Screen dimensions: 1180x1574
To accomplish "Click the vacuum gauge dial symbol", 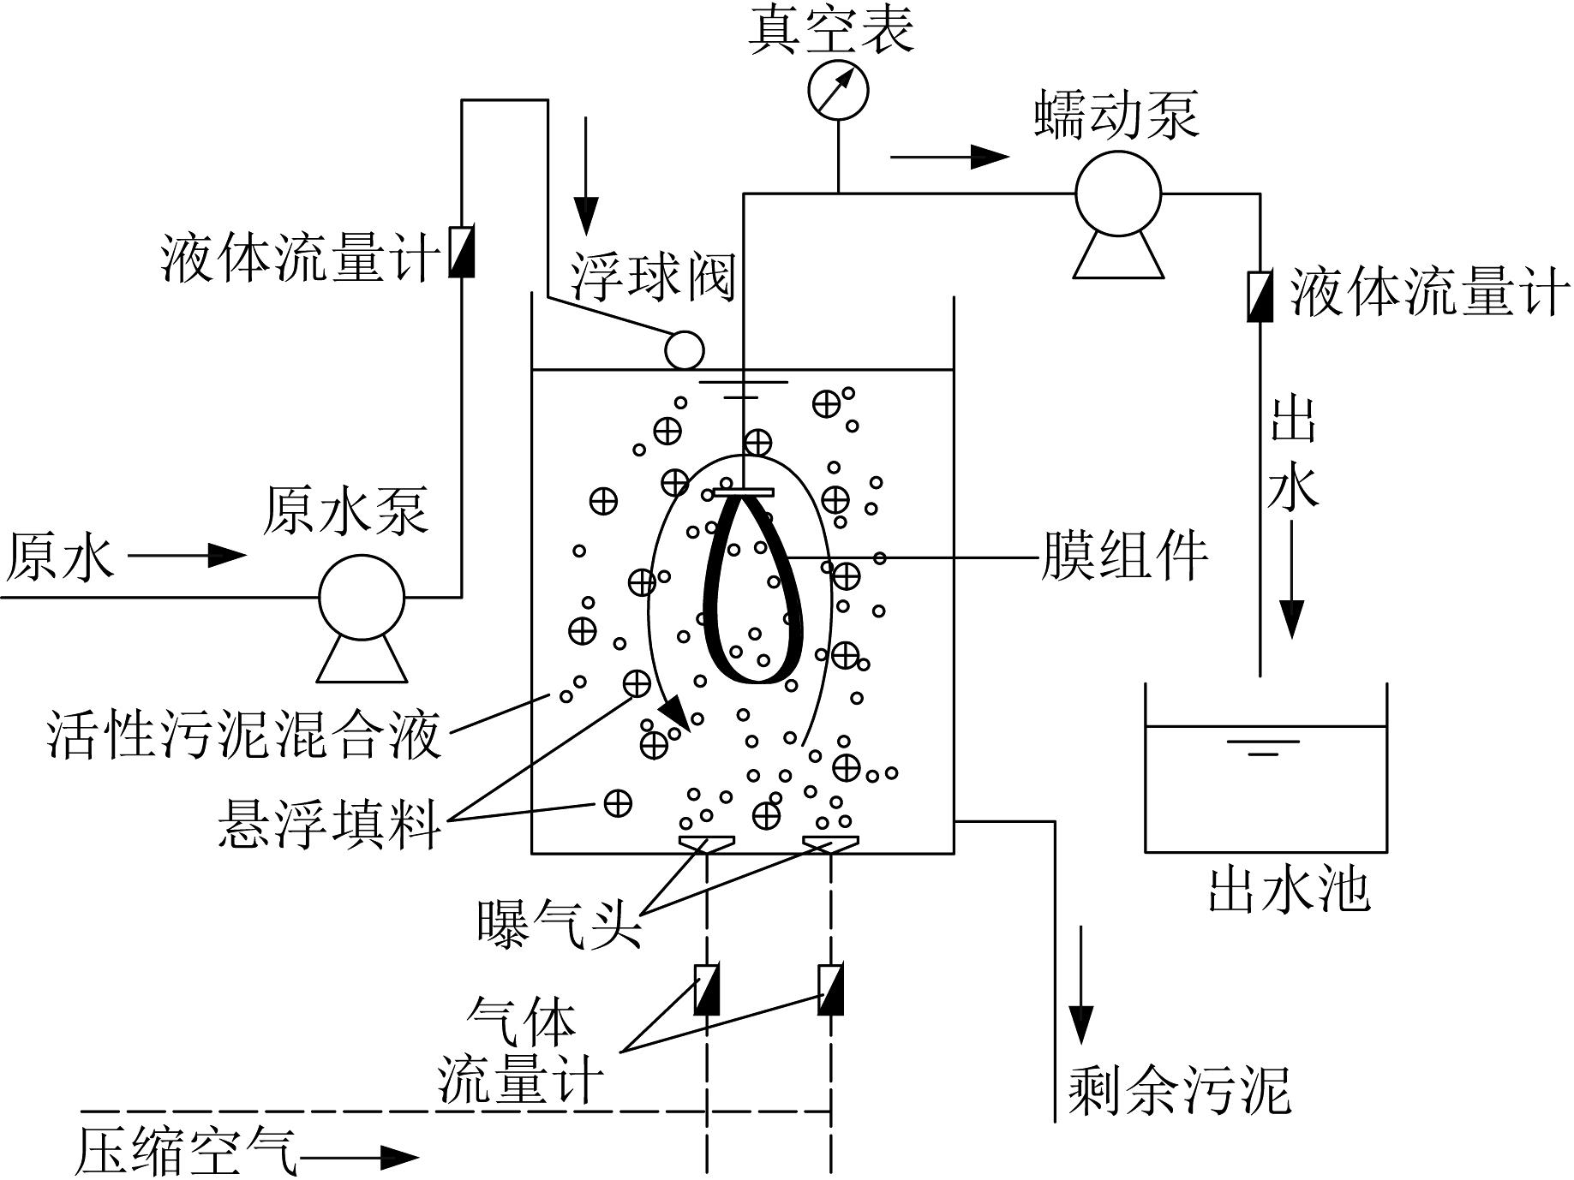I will click(838, 90).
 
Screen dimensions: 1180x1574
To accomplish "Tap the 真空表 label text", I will click(831, 31).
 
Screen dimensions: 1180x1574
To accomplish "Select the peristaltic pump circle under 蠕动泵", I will click(1117, 194).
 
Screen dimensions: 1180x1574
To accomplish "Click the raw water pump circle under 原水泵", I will click(361, 598).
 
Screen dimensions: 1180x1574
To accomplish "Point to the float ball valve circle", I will click(685, 349).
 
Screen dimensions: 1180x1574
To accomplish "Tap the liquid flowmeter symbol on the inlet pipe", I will click(462, 251).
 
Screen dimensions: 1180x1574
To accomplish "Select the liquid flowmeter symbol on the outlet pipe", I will click(1259, 296).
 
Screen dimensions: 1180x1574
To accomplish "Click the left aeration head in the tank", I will click(706, 844).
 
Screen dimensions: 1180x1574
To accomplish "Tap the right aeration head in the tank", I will click(830, 844).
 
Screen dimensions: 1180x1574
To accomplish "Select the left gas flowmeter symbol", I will click(706, 990).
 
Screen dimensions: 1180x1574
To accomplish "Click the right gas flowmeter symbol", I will click(830, 990).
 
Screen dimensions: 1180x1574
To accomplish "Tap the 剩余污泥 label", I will click(1179, 1090).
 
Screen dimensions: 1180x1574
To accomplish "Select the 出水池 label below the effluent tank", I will click(1289, 890).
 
